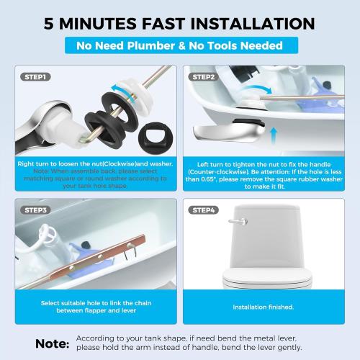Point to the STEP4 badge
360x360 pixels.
pyautogui.click(x=204, y=210)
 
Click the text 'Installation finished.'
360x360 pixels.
pyautogui.click(x=263, y=307)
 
